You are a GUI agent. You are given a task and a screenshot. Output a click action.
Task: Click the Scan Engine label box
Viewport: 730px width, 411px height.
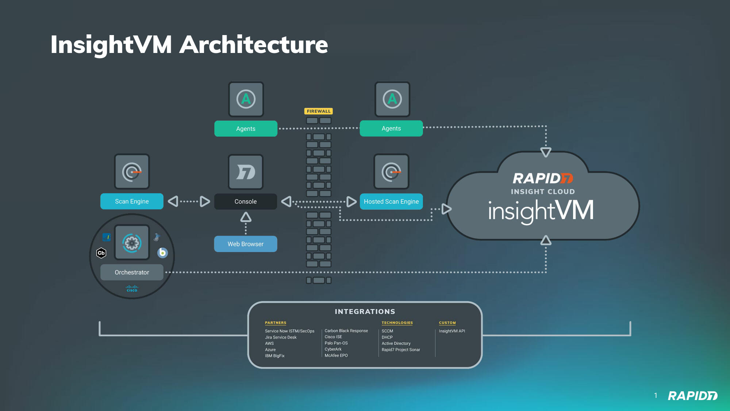[132, 201]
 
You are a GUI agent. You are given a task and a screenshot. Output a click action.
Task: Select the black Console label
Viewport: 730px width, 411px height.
[246, 201]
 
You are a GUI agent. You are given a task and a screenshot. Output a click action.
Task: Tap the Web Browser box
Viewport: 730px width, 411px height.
[246, 244]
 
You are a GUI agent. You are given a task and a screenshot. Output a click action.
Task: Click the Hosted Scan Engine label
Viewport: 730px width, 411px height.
[391, 201]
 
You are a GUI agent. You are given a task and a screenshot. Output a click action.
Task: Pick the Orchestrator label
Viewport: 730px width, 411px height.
[132, 272]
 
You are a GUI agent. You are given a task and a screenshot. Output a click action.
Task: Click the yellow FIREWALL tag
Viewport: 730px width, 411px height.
[319, 111]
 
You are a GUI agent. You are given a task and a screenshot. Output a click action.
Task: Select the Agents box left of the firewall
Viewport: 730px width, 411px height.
[246, 129]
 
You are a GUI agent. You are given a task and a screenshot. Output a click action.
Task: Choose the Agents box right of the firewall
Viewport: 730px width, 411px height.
[391, 128]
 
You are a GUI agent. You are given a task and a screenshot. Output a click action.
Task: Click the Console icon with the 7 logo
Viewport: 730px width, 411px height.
[246, 172]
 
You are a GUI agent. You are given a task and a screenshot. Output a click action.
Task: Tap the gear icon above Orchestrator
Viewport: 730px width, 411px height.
[132, 243]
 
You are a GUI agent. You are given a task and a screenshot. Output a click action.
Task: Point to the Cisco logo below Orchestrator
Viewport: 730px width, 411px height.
[132, 289]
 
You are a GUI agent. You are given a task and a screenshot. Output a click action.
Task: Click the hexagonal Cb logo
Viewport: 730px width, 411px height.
[101, 253]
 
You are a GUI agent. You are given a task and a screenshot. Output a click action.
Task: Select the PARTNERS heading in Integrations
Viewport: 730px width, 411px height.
[276, 323]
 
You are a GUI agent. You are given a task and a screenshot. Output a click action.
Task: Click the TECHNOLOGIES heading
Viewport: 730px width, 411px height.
[397, 323]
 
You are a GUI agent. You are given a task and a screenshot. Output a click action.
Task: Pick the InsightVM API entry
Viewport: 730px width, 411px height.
[452, 331]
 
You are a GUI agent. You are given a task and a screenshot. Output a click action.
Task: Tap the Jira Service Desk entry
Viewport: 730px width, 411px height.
[281, 337]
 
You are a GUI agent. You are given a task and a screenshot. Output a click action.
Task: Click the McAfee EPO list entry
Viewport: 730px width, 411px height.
[336, 355]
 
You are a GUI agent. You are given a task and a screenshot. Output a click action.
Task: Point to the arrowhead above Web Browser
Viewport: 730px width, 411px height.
[246, 218]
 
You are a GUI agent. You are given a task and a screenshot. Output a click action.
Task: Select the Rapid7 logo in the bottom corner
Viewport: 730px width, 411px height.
[692, 396]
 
